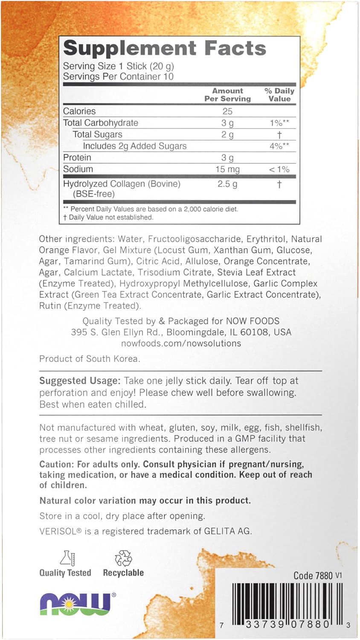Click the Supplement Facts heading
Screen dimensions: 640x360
point(165,48)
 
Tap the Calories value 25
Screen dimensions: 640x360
point(227,111)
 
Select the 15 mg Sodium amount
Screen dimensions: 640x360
point(227,169)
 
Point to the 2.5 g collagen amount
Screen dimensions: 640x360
point(227,184)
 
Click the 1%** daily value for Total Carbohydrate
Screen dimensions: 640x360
point(279,123)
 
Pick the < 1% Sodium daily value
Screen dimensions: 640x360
point(279,169)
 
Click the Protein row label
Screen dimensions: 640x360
point(77,157)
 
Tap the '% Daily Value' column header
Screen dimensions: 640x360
point(279,95)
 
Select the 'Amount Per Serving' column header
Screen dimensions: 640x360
point(227,95)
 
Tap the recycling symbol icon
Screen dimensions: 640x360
point(123,558)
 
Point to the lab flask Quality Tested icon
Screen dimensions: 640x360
point(67,558)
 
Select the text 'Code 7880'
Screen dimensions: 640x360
point(313,576)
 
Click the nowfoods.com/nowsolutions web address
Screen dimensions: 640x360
point(181,343)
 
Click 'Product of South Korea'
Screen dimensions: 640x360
point(90,359)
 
